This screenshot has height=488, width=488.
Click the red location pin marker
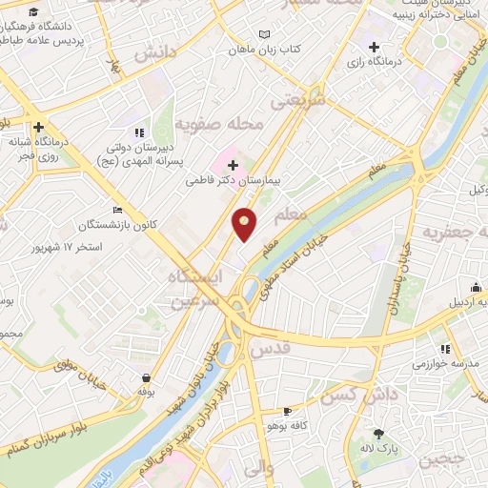tap(245, 224)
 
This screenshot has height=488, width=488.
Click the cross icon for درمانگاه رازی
tap(374, 47)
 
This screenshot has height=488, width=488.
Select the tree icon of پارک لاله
tap(378, 433)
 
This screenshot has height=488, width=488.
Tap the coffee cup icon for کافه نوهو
tap(287, 412)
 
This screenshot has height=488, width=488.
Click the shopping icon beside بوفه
tap(145, 376)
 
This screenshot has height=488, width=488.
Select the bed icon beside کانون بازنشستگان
tap(117, 210)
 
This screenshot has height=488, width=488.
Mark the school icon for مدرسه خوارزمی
tap(445, 350)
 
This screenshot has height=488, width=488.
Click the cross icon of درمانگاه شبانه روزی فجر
tap(38, 127)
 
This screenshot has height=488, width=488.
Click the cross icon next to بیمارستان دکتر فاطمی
tap(234, 164)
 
